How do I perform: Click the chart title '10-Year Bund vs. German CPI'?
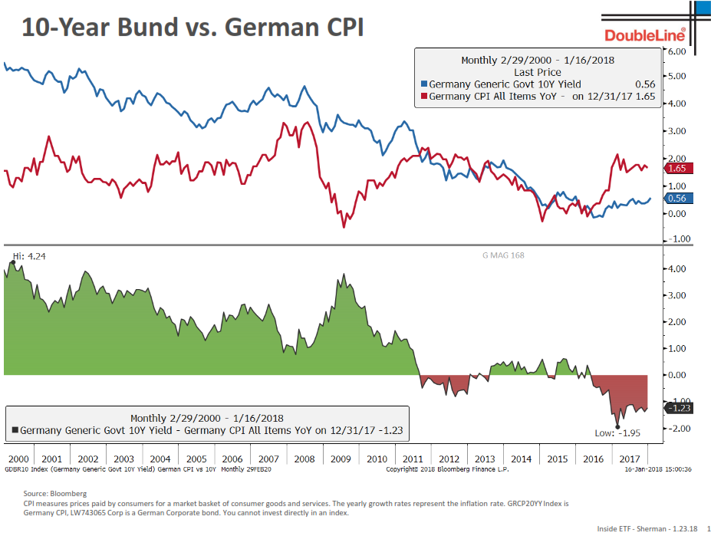[193, 28]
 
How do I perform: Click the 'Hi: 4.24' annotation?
[28, 256]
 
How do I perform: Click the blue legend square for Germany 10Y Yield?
[423, 84]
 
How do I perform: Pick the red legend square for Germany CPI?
[423, 97]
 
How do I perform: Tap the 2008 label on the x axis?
[304, 459]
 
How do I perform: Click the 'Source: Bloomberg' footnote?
[54, 493]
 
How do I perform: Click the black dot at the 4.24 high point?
[13, 263]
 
